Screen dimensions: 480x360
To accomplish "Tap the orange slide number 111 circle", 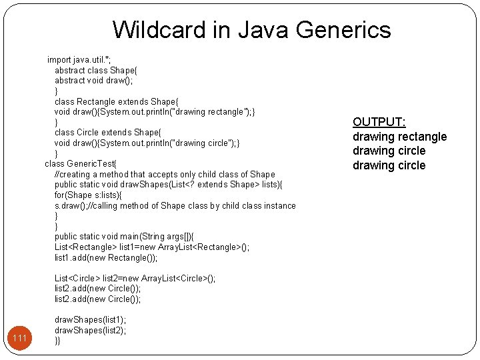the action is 20,339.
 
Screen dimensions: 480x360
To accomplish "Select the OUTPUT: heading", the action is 379,122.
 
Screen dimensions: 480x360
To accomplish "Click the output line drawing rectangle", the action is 399,137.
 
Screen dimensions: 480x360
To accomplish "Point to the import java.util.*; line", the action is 79,60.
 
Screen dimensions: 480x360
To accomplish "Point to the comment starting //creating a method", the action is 164,175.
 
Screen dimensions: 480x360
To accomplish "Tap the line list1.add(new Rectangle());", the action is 106,257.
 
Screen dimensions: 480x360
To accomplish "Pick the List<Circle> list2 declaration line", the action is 135,278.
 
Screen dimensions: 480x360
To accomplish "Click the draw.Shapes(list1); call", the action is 90,320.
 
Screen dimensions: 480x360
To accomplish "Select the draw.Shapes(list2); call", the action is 90,330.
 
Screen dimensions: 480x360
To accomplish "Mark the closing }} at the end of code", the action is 57,341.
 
